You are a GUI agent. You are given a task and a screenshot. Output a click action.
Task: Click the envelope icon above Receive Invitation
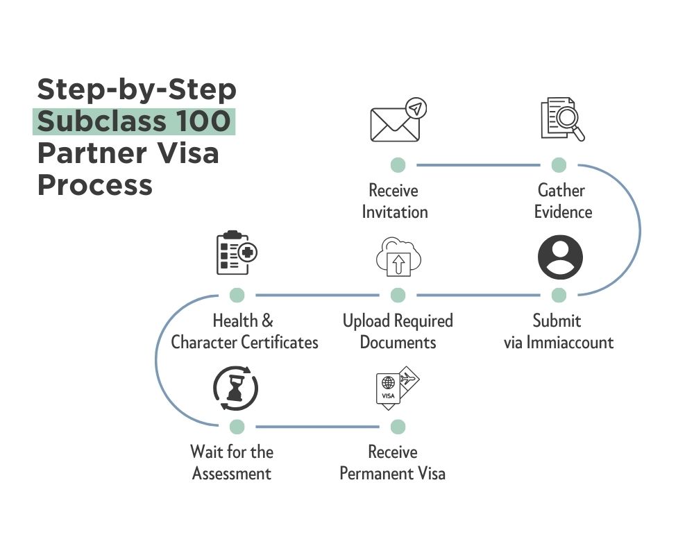tap(396, 122)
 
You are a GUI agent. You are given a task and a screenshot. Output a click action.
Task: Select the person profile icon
tap(560, 257)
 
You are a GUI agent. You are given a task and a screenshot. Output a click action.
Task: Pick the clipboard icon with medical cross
tap(235, 253)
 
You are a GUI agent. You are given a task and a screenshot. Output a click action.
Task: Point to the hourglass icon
tap(235, 388)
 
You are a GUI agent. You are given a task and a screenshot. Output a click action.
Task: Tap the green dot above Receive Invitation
tap(398, 165)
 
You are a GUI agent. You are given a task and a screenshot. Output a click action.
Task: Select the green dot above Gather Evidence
tap(559, 165)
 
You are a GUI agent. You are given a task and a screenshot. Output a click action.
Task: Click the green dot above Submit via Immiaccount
tap(559, 296)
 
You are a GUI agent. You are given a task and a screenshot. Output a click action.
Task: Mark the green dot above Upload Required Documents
tap(398, 296)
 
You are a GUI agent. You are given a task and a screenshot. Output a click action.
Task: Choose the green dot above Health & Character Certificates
tap(237, 296)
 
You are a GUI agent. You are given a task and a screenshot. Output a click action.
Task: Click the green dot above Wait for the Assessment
tap(237, 426)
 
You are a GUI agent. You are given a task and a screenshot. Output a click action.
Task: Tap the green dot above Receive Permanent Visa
tap(398, 426)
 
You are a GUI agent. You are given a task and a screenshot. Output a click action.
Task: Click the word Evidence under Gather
tap(563, 212)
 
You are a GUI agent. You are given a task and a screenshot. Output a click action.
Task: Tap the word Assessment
tap(232, 474)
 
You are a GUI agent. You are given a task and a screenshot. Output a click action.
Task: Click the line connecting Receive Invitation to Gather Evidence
tap(478, 165)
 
